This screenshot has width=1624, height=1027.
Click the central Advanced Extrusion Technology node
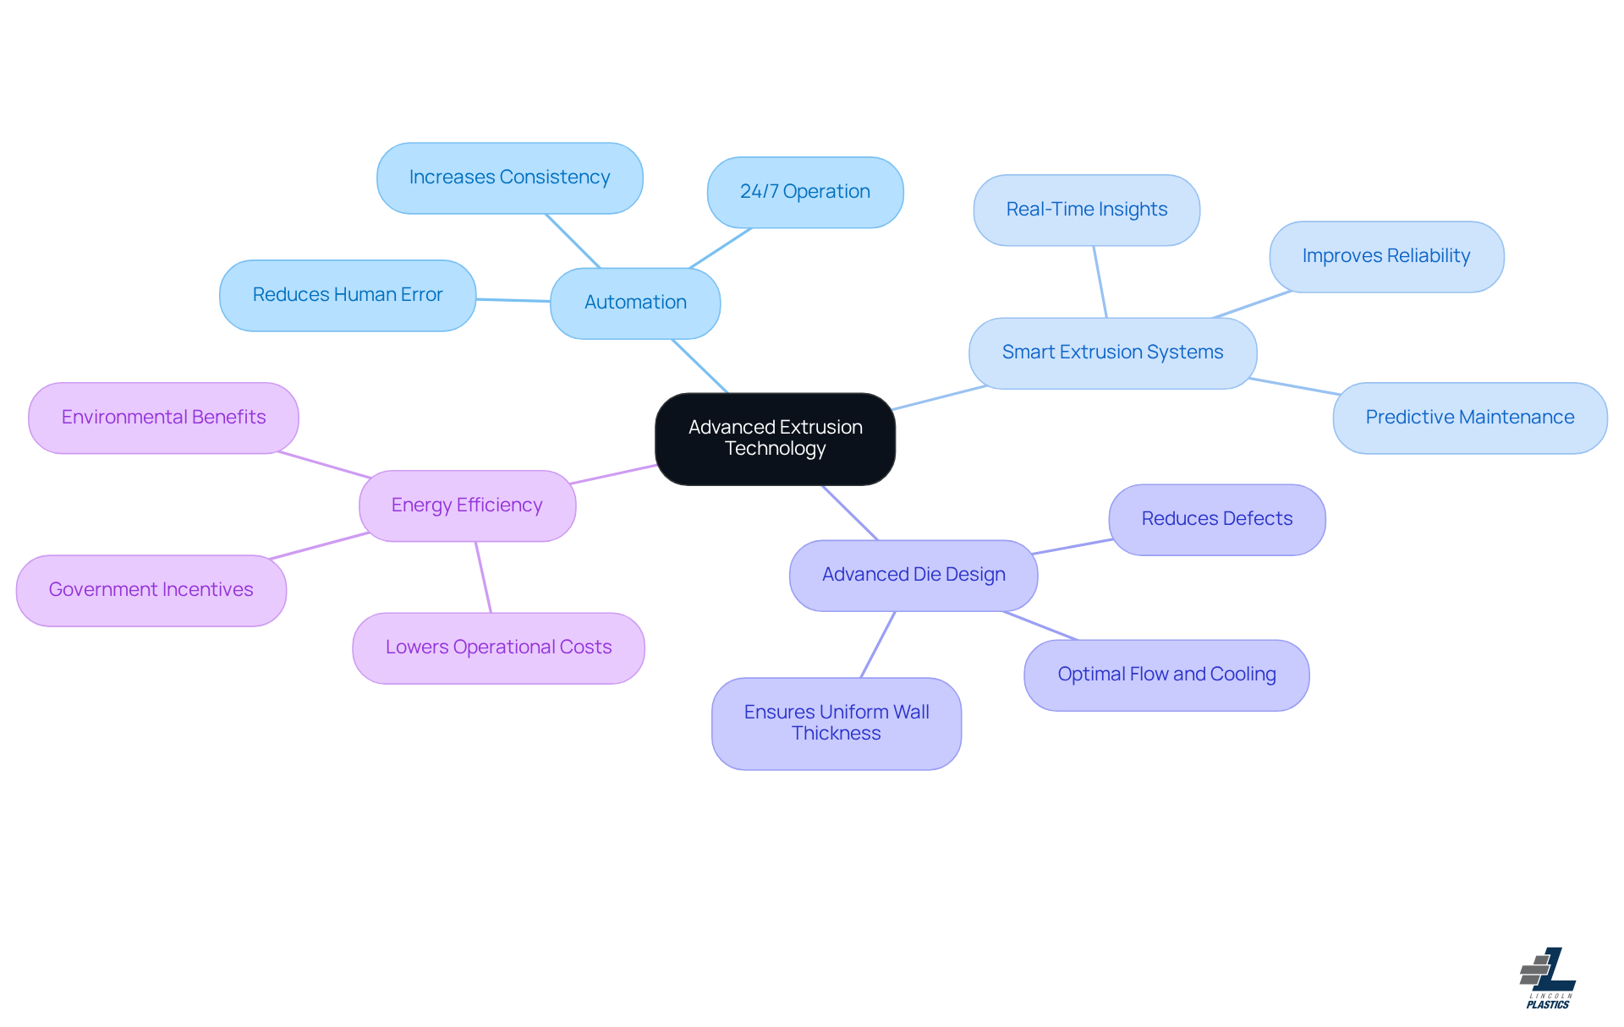pos(775,439)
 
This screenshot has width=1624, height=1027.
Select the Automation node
pos(635,303)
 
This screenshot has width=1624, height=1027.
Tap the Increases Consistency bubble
pos(509,178)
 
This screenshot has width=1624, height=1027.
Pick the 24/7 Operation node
pos(804,192)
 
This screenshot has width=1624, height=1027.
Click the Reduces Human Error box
pos(348,295)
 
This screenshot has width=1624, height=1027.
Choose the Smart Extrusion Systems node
pos(1112,352)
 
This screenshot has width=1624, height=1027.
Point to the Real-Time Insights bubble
pos(1086,210)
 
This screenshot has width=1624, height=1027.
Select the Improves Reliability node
pos(1385,256)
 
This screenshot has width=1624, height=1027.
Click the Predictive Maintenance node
pos(1469,418)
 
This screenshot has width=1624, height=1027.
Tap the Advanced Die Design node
pos(913,575)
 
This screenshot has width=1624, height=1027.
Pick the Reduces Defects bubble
pos(1216,519)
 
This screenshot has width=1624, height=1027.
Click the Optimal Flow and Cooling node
pos(1166,675)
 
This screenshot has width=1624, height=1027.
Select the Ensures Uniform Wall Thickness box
pos(836,723)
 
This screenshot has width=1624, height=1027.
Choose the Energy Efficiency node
pos(467,505)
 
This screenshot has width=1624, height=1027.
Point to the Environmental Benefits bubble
pos(163,418)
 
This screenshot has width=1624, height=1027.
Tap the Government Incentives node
pos(151,590)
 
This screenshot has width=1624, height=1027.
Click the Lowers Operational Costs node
pos(498,647)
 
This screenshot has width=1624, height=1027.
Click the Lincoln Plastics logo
pos(1547,978)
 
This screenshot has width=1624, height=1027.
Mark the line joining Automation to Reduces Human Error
pos(513,299)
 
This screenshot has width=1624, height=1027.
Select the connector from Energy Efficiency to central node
pos(615,474)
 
